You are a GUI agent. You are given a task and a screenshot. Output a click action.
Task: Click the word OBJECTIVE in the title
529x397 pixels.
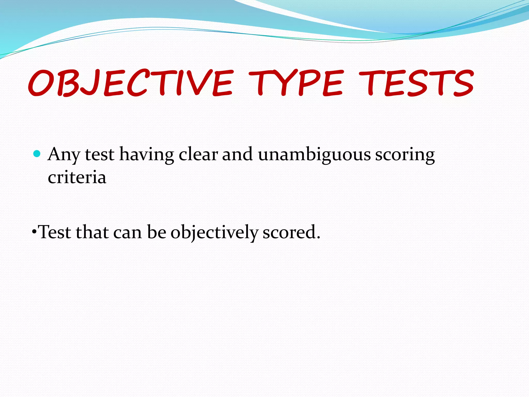pyautogui.click(x=130, y=83)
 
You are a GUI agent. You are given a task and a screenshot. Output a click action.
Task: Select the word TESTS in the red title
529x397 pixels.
pyautogui.click(x=416, y=83)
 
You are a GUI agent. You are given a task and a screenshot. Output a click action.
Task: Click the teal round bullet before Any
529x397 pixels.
pyautogui.click(x=37, y=154)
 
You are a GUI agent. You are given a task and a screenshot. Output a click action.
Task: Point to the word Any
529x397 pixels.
pyautogui.click(x=64, y=155)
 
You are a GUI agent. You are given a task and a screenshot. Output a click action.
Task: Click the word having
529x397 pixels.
pyautogui.click(x=146, y=155)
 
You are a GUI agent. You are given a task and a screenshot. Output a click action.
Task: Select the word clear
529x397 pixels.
pyautogui.click(x=198, y=155)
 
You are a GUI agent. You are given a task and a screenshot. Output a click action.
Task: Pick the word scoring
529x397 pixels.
pyautogui.click(x=405, y=155)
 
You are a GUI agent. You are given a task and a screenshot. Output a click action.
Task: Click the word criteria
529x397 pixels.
pyautogui.click(x=77, y=178)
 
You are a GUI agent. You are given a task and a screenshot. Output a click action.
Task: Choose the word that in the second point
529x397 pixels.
pyautogui.click(x=92, y=232)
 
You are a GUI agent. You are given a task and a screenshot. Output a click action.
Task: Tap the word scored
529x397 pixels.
pyautogui.click(x=289, y=232)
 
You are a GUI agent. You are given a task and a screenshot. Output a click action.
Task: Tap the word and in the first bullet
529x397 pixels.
pyautogui.click(x=237, y=155)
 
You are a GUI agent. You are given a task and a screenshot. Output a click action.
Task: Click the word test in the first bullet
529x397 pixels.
pyautogui.click(x=99, y=155)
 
